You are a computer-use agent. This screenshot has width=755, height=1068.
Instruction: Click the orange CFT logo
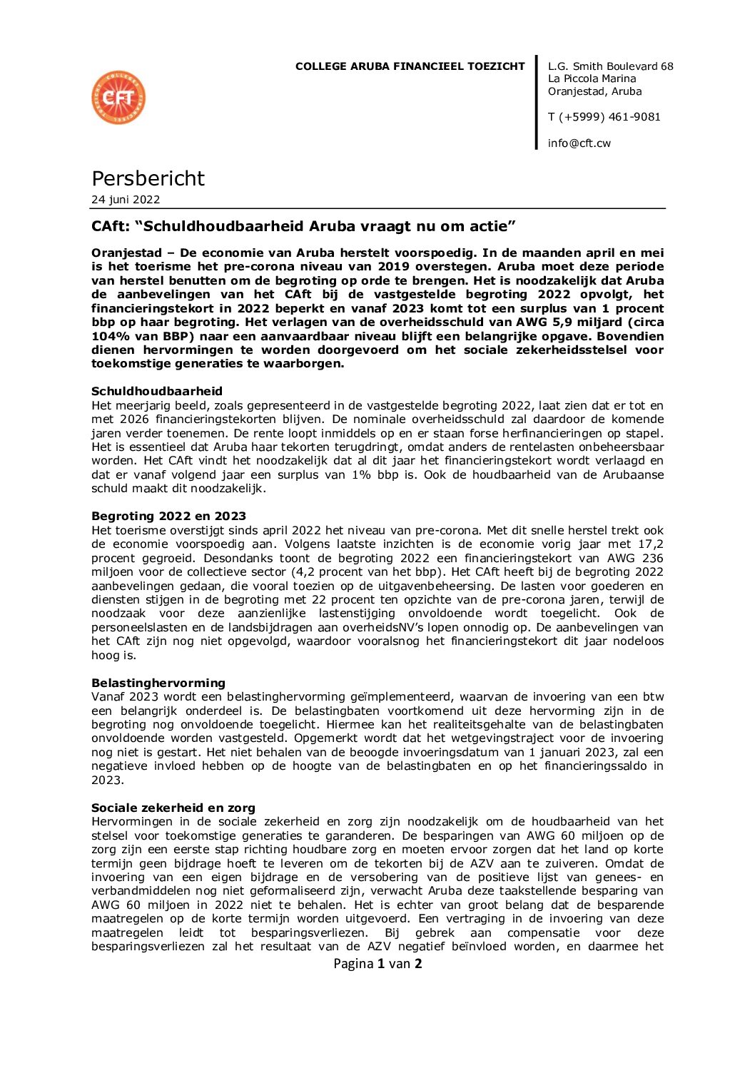(x=118, y=98)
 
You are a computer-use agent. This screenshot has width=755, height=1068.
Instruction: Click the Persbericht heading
(x=148, y=178)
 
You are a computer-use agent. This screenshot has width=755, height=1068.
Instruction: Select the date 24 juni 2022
(x=126, y=200)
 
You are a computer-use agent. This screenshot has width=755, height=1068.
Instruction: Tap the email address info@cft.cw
(x=579, y=143)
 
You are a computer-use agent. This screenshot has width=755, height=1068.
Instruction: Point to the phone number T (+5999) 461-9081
(x=604, y=117)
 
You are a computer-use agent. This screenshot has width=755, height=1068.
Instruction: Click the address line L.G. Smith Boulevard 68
(x=610, y=66)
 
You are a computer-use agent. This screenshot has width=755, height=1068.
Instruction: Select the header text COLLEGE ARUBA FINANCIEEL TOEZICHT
(x=410, y=66)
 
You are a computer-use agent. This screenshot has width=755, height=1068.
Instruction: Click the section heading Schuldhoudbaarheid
(x=157, y=391)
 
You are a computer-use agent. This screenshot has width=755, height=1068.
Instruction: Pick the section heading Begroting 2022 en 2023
(x=168, y=516)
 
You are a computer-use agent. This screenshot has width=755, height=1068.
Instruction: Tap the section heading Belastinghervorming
(x=158, y=683)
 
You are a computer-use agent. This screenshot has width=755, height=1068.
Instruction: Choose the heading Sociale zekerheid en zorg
(x=173, y=808)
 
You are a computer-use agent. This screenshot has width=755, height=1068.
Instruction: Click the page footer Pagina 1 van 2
(x=377, y=964)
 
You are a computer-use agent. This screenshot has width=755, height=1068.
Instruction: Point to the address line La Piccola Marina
(x=592, y=78)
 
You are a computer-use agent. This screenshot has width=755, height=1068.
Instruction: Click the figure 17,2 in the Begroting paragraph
(x=650, y=544)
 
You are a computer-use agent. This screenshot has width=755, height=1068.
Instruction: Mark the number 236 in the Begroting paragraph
(x=652, y=558)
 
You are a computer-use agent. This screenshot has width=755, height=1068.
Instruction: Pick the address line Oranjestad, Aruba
(x=594, y=91)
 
